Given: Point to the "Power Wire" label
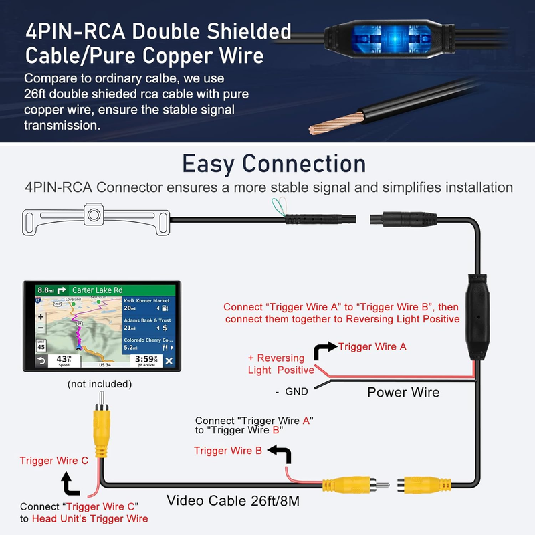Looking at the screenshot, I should (403, 392).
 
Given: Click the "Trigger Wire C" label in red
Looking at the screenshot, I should (54, 461).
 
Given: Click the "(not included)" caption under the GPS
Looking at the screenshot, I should (100, 384).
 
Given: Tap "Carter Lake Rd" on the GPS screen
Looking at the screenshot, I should (98, 290).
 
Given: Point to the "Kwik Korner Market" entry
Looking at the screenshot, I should (147, 301).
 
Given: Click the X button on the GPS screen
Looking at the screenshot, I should (169, 361).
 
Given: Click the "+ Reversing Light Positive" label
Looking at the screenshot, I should (280, 364).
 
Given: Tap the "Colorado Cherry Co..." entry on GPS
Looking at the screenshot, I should (148, 340).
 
